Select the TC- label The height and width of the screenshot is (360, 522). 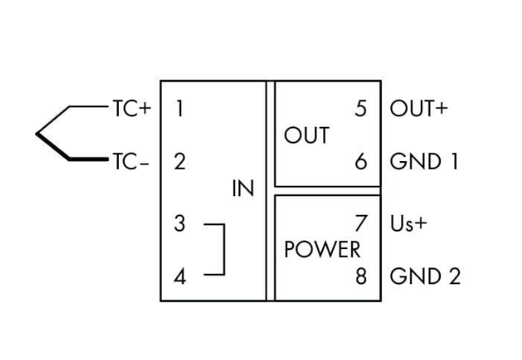129,162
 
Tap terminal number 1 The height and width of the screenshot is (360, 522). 180,109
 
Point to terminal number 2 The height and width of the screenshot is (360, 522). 180,162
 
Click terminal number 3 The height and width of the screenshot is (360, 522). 180,224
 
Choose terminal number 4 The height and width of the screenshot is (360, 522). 180,276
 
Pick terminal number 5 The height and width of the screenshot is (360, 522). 361,109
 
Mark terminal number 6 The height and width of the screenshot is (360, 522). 361,162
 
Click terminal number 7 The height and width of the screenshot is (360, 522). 361,224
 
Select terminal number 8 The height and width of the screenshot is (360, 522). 361,276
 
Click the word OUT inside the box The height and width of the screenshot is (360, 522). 306,136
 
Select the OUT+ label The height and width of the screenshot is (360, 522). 418,109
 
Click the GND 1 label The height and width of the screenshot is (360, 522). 423,162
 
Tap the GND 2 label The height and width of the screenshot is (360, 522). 424,276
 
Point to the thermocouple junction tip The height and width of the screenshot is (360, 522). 37,135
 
